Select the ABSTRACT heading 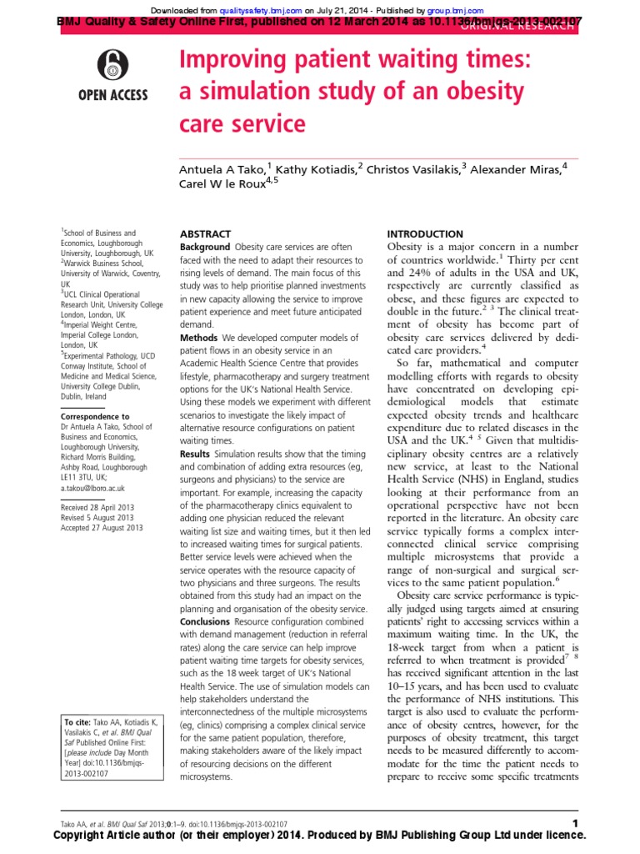pyautogui.click(x=204, y=234)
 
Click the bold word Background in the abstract pyautogui.click(x=205, y=248)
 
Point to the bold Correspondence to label pyautogui.click(x=95, y=415)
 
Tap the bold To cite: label pyautogui.click(x=79, y=721)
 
